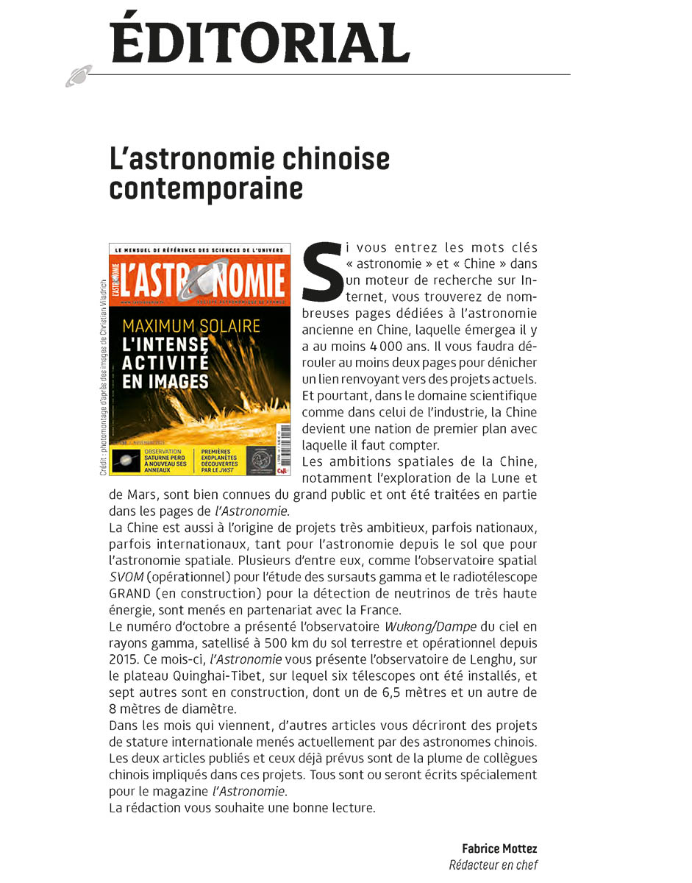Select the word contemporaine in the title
206,188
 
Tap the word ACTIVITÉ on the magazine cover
165,363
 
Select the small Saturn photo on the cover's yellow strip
126,461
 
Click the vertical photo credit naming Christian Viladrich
103,375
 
